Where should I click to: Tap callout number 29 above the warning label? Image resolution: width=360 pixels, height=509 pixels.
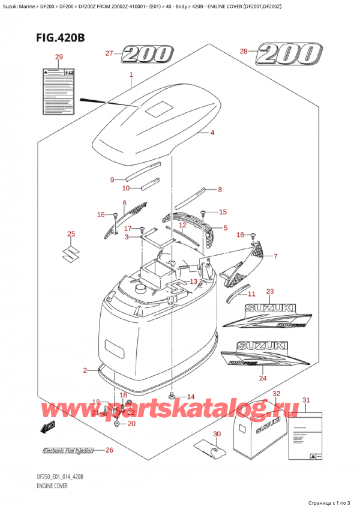point(58,57)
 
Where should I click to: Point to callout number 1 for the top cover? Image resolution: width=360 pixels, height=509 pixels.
point(131,76)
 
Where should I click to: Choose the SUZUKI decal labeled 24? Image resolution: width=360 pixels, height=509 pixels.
point(264,359)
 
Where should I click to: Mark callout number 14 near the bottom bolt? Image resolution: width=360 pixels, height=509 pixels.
point(191,397)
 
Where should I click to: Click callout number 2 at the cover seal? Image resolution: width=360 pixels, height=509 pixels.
point(85,370)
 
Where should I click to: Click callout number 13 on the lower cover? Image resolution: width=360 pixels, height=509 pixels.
point(193,282)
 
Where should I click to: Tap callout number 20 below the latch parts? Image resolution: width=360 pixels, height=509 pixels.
point(132,424)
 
